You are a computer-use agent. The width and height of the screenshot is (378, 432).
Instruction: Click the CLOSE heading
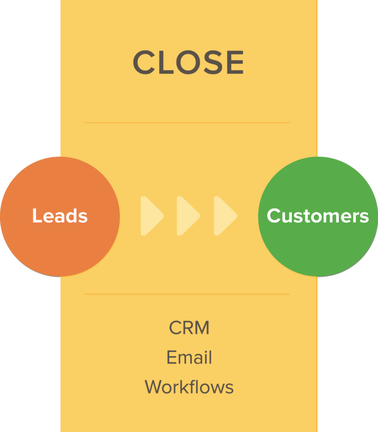(188, 62)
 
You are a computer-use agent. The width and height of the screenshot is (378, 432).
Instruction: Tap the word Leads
(60, 216)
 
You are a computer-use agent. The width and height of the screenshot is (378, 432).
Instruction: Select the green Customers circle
(318, 245)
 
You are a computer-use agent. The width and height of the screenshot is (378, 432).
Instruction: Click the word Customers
(318, 216)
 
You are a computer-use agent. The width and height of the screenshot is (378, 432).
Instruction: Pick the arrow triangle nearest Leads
(150, 216)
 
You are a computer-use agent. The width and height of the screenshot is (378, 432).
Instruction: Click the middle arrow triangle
(187, 216)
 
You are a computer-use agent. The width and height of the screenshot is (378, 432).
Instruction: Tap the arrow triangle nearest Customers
(223, 216)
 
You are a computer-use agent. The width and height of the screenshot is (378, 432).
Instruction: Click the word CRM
(189, 328)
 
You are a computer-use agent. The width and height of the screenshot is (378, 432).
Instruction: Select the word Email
(189, 357)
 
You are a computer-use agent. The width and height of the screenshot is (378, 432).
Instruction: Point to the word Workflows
(189, 387)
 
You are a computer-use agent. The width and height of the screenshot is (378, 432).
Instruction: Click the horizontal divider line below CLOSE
(187, 123)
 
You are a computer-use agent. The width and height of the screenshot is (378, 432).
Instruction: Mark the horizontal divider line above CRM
(187, 294)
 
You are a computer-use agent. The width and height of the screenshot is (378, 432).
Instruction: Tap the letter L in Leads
(36, 216)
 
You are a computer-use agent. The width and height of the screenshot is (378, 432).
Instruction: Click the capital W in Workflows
(154, 387)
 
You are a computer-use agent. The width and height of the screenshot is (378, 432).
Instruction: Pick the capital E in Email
(171, 357)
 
